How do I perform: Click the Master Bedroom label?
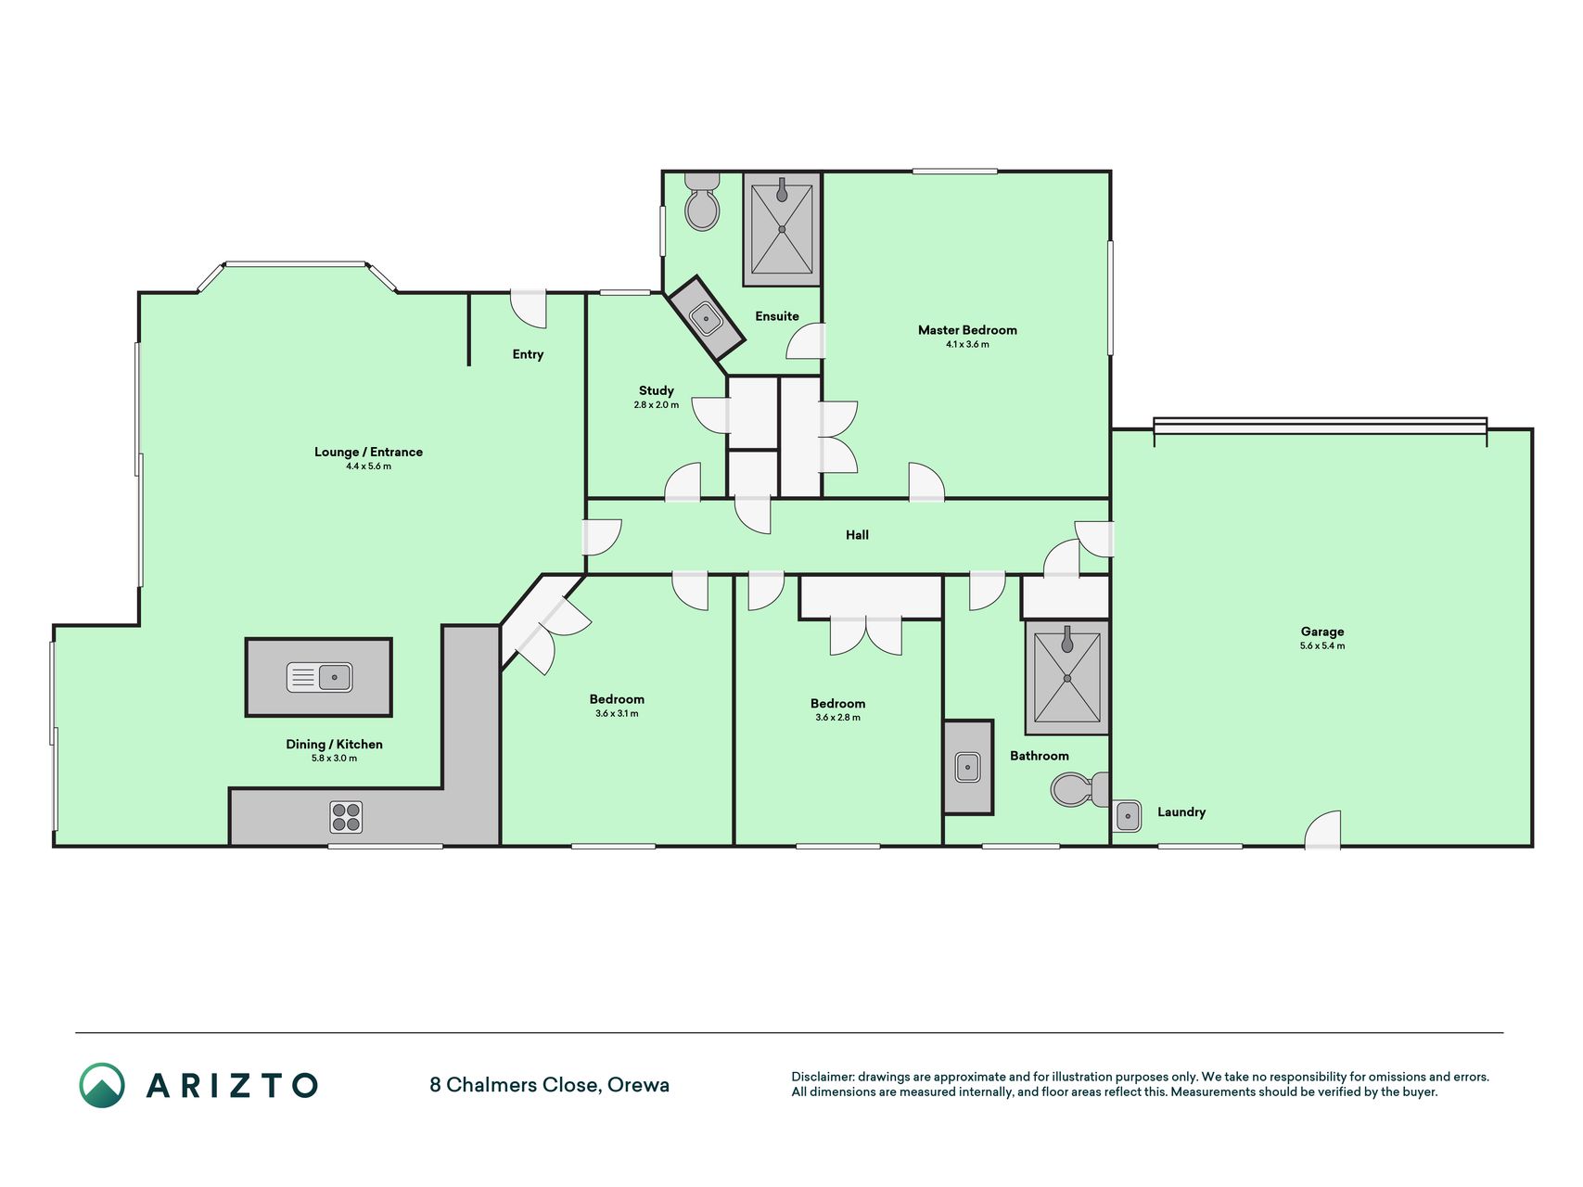coord(967,330)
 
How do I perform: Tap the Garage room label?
coord(1321,632)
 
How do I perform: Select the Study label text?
coord(656,390)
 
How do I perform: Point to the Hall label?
coord(857,535)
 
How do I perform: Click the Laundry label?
coord(1181,812)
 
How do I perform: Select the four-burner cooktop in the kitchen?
coord(346,817)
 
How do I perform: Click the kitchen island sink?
coord(319,677)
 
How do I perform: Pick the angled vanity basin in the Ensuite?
coord(707,319)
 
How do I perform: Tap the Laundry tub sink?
coord(1127,816)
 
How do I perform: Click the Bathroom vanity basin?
coord(967,768)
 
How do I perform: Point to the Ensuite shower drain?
coord(782,229)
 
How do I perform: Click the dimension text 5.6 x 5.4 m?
coord(1321,646)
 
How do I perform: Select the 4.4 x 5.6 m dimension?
coord(368,466)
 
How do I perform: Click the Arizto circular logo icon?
coord(102,1085)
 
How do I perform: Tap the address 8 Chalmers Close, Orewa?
coord(549,1085)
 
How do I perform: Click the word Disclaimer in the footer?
coord(822,1077)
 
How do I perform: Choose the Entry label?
coord(528,354)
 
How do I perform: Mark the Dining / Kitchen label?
coord(334,744)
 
